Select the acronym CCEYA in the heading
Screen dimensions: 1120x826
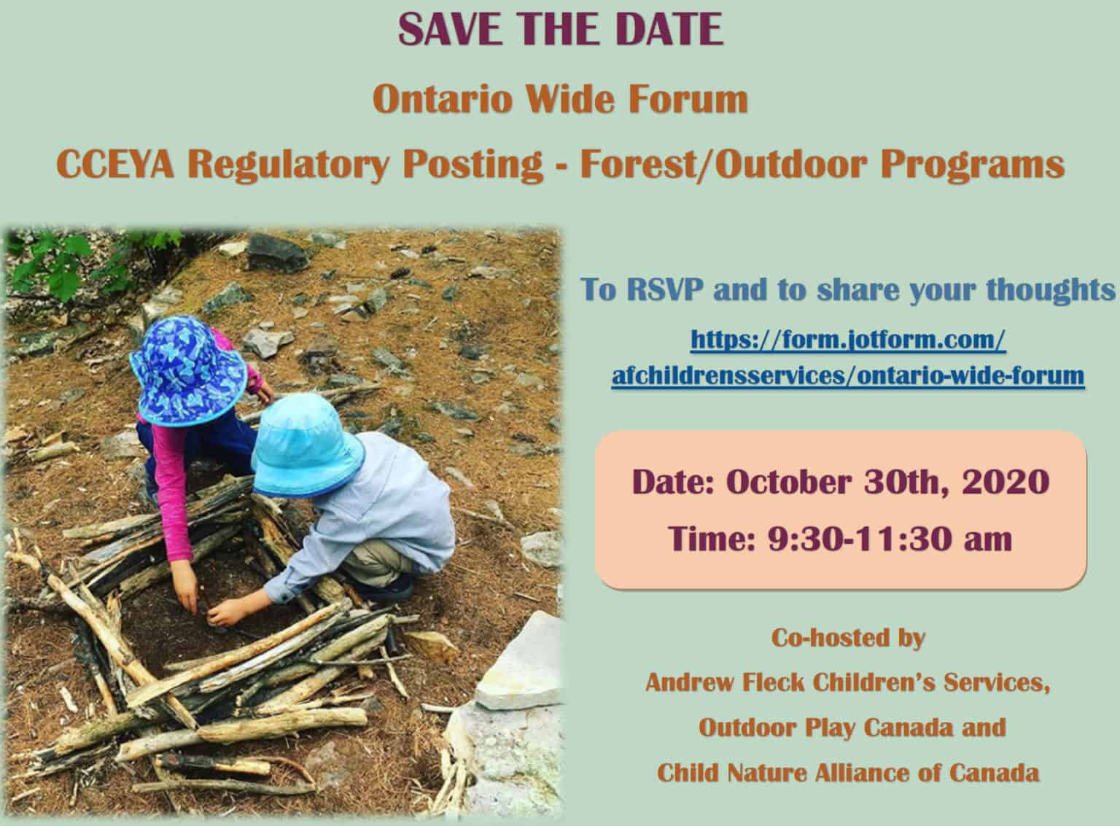tap(115, 164)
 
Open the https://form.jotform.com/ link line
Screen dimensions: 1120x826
tap(848, 340)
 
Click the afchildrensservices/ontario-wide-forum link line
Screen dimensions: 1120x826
tap(848, 375)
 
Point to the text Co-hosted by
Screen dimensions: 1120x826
tap(849, 639)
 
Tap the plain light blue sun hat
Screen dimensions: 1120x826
tap(306, 445)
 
